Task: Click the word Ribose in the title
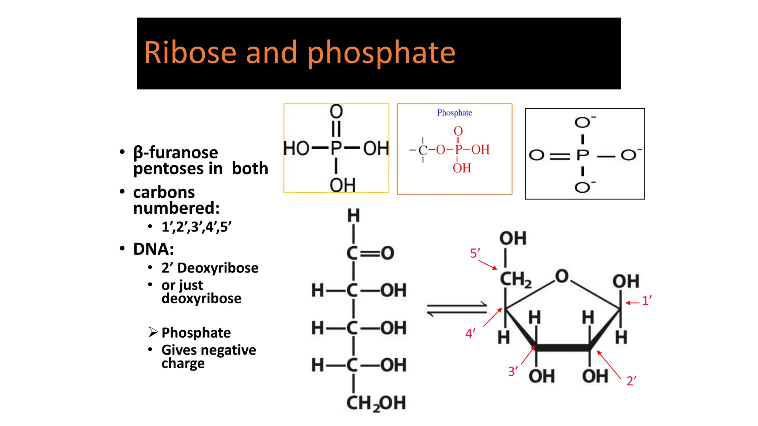coord(190,53)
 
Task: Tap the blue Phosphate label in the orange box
coord(455,113)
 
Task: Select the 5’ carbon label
coord(475,253)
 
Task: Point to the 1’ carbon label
coord(647,300)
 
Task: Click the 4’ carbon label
coord(470,334)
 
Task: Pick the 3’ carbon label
coord(513,371)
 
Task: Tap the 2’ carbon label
coord(631,381)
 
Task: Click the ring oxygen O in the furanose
coord(561,276)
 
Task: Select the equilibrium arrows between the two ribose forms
coord(457,309)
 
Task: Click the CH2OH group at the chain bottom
coord(376,403)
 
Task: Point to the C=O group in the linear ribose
coord(370,253)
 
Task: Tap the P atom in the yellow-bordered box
coord(336,149)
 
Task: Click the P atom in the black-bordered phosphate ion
coord(583,155)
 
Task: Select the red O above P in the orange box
coord(458,131)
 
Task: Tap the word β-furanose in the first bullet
coord(175,152)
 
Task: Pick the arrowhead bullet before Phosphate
coord(153,332)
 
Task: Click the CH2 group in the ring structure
coord(516,280)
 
